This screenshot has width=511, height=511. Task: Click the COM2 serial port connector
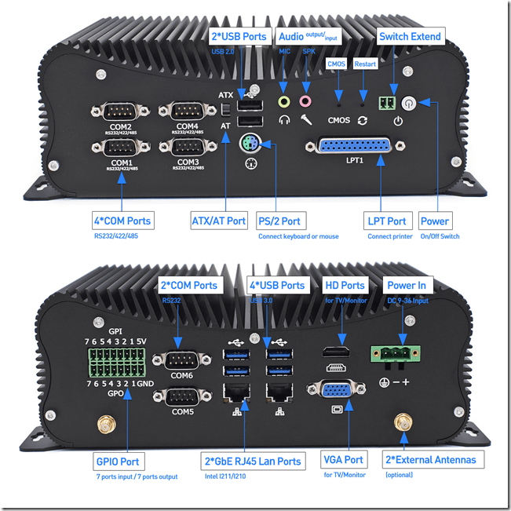[x=121, y=111]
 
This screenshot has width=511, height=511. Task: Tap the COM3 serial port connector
[x=187, y=148]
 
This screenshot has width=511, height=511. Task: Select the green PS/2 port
[x=249, y=144]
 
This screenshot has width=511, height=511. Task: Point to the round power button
[x=407, y=103]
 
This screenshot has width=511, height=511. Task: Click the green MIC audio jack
[x=285, y=101]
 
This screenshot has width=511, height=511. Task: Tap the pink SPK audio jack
[x=306, y=101]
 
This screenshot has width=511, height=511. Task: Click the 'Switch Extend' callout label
[x=409, y=36]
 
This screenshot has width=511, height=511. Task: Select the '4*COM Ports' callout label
[x=122, y=221]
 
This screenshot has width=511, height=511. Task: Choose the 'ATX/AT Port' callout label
[x=219, y=221]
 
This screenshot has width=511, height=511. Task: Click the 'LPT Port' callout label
[x=387, y=221]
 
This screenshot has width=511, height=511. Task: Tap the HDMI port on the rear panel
[x=336, y=351]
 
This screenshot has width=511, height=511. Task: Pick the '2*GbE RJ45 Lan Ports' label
[x=252, y=461]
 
